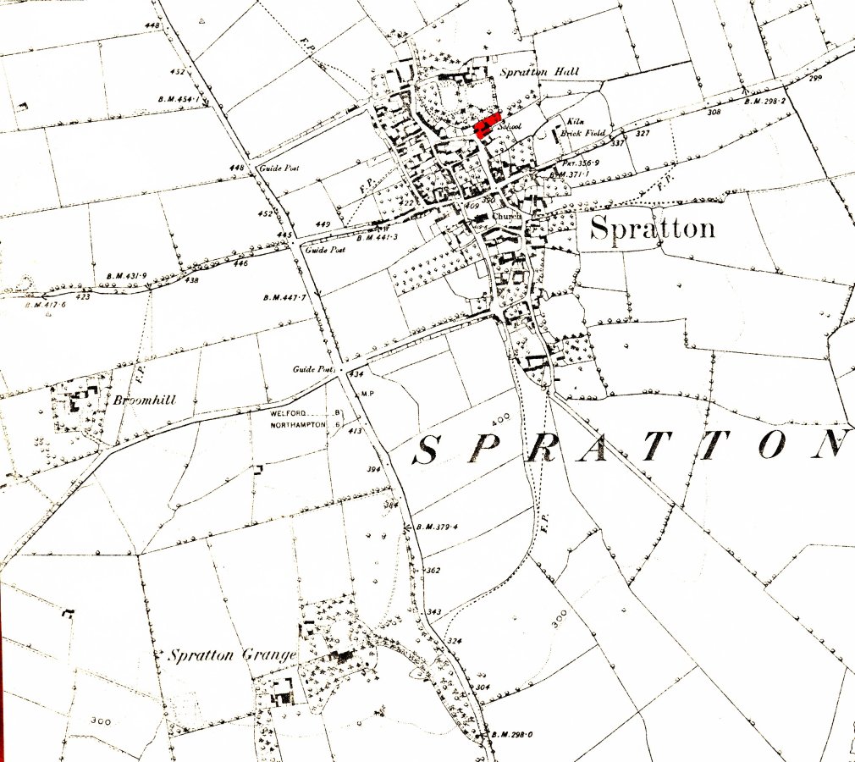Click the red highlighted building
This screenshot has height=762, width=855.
point(487,125)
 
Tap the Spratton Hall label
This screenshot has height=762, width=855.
point(538,72)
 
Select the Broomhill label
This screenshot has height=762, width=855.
point(145,400)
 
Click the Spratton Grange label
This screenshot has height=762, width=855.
point(232,655)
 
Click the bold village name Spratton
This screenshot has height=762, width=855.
point(652,228)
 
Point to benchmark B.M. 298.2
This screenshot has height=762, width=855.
point(765,102)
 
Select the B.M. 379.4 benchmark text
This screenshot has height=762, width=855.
point(437,527)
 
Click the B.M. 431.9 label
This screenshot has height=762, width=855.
point(127,276)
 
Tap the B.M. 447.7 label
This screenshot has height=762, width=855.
point(284,298)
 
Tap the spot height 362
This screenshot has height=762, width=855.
point(433,571)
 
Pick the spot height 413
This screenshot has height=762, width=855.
point(356,431)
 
